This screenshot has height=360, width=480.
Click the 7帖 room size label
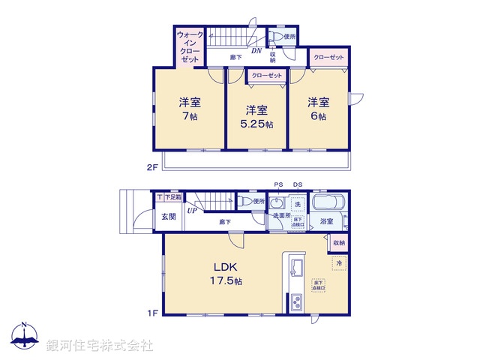coord(189,117)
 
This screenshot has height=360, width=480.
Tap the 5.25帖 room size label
coord(257,124)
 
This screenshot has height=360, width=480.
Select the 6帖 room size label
coord(317,117)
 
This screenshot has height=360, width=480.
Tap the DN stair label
coord(256,51)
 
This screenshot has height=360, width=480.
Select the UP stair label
coord(193,211)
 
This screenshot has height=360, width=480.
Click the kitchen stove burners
coord(295,304)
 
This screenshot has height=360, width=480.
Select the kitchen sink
coord(295,268)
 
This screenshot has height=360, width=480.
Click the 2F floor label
coord(151,167)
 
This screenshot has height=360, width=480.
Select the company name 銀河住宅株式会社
coord(100,345)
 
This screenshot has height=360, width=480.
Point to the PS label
coord(278,184)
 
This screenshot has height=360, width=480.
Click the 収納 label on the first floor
coord(339,243)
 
